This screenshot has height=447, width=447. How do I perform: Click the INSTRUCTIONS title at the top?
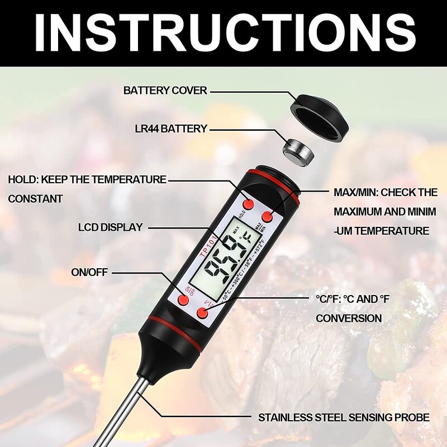coord(223,32)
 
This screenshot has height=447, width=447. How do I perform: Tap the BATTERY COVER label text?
coord(165,90)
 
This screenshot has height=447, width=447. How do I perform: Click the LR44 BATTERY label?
coord(171,129)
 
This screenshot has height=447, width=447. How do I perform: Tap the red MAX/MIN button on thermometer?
coord(267,216)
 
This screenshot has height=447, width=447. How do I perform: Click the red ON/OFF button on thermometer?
coord(184,301)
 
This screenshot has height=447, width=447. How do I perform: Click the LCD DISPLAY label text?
coord(111,227)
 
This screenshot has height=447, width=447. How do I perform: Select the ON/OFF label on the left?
coord(89,272)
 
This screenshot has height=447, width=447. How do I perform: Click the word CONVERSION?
coord(349,318)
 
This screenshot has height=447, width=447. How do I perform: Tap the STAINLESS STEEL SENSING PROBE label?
coord(343,417)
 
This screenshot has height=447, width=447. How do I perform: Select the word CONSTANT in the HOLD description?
coord(35,198)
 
